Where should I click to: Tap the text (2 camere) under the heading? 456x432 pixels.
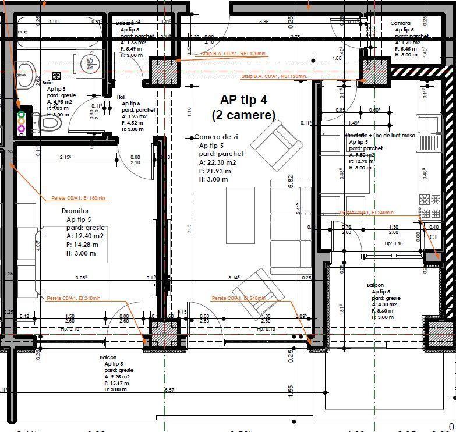tap(244, 115)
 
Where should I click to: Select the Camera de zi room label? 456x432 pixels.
tap(217, 137)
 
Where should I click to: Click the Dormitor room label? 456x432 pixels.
tap(75, 210)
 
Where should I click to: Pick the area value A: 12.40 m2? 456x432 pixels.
tap(85, 236)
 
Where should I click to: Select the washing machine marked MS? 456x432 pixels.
tap(87, 62)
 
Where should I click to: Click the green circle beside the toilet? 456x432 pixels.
tap(22, 115)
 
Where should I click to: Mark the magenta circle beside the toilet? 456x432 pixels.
tap(22, 128)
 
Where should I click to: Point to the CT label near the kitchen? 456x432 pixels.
tap(433, 237)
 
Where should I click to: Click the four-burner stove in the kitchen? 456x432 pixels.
tap(430, 206)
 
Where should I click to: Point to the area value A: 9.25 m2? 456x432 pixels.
tap(119, 377)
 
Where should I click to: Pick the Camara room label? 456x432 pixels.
tap(401, 23)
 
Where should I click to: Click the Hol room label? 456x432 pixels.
tap(121, 97)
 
